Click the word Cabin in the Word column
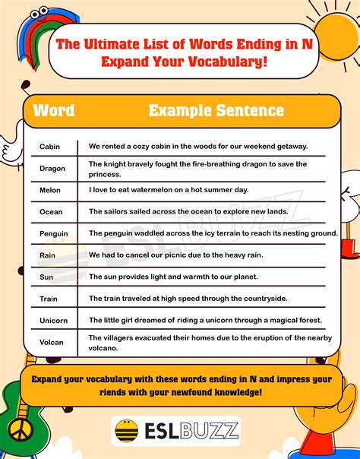pyautogui.click(x=49, y=146)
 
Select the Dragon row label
pyautogui.click(x=52, y=168)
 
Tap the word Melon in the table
pyautogui.click(x=51, y=190)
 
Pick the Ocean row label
pyautogui.click(x=52, y=211)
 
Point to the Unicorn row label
pyautogui.click(x=54, y=321)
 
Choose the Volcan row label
pyautogui.click(x=52, y=343)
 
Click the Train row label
pyautogui.click(x=49, y=299)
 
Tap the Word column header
pyautogui.click(x=54, y=111)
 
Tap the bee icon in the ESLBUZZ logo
pyautogui.click(x=127, y=432)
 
